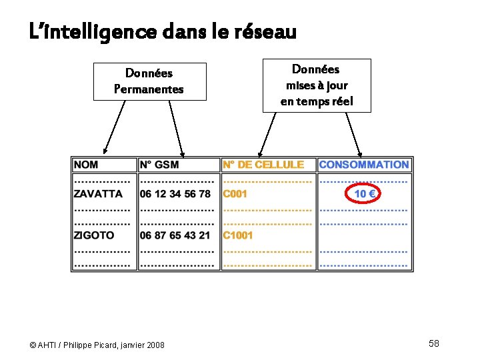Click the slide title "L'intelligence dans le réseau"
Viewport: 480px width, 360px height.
point(163,31)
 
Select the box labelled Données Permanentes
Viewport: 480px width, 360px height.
point(149,81)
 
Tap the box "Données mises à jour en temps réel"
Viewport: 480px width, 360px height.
point(317,85)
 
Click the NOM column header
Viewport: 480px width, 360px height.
point(87,165)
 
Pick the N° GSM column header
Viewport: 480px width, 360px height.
point(159,165)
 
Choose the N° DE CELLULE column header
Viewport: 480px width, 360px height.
point(263,165)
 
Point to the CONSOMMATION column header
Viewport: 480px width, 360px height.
point(364,165)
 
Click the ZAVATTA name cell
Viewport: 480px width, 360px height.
point(99,194)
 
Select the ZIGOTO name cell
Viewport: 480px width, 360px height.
point(94,235)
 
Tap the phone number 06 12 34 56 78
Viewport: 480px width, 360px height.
point(175,194)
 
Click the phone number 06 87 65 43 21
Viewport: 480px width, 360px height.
point(175,235)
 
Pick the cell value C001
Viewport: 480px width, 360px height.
point(235,194)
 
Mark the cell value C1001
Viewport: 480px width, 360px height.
point(238,235)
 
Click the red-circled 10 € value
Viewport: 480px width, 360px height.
point(364,194)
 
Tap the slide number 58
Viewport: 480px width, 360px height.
point(434,343)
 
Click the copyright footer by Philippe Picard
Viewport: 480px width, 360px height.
point(97,345)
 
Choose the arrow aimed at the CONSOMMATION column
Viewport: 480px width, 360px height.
point(353,133)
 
